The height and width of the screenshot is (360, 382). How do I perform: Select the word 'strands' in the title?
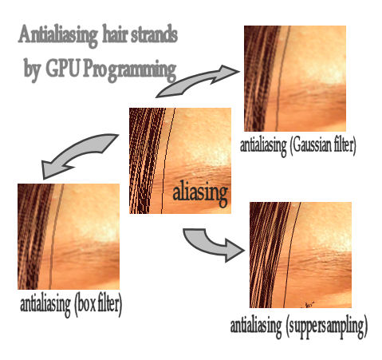[155, 34]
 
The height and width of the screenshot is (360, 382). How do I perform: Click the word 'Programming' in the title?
[129, 70]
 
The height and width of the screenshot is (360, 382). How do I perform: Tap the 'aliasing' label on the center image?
[200, 193]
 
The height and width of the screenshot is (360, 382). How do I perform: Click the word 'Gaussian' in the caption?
[312, 146]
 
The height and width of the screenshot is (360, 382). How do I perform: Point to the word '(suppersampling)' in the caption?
[327, 326]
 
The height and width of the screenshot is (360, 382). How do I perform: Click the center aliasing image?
[180, 160]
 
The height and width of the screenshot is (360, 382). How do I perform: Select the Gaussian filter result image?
[295, 78]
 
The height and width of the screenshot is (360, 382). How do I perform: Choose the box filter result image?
[69, 236]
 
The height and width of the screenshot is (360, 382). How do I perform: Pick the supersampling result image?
[301, 255]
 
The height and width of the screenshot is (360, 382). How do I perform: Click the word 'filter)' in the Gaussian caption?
[345, 145]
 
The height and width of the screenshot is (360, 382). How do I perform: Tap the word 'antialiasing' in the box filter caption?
[45, 305]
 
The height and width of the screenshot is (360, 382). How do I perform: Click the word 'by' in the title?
[32, 69]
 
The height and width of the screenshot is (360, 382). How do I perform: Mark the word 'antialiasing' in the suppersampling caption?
[256, 327]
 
